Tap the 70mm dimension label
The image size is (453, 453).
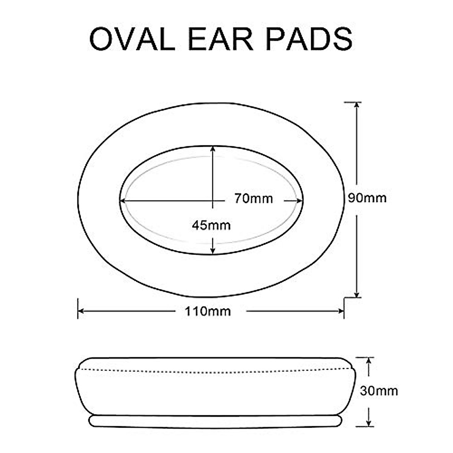tap(253, 198)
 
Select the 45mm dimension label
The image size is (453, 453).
tap(211, 225)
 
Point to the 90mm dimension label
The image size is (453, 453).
tap(367, 198)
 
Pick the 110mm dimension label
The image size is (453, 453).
tap(208, 311)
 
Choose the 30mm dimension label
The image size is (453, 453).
tap(379, 391)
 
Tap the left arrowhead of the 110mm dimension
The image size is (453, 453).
tap(81, 311)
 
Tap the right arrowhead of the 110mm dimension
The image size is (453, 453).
tap(341, 311)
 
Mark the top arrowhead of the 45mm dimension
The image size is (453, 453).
tap(213, 149)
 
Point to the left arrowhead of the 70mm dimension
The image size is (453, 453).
tap(123, 200)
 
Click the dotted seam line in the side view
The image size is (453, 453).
tap(215, 368)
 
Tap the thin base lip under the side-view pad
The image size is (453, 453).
tap(215, 422)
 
